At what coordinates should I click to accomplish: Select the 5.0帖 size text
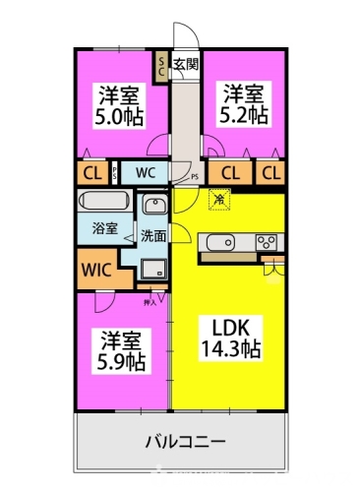tap(117, 116)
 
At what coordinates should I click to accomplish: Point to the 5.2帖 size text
tap(243, 115)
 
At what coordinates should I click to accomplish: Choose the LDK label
tap(223, 327)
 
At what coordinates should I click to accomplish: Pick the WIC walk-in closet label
tap(96, 269)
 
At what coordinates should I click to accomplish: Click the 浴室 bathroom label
tap(105, 228)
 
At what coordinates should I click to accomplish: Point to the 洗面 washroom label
tap(152, 236)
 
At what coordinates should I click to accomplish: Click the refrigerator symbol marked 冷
tap(218, 201)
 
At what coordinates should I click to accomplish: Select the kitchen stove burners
tap(268, 242)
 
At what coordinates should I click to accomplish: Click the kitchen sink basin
tap(219, 242)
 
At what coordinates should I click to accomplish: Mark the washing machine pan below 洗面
tap(152, 268)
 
